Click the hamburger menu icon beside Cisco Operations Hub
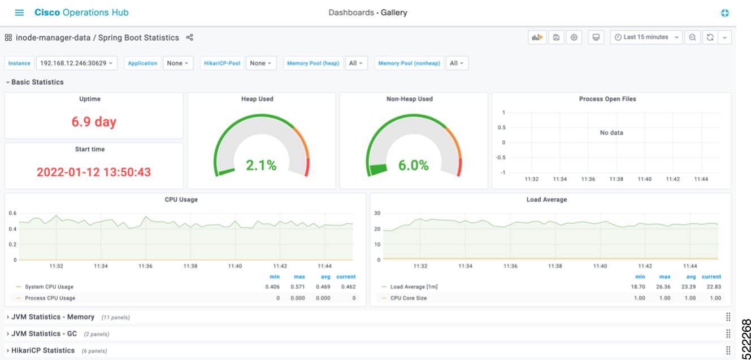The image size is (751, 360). [x=19, y=12]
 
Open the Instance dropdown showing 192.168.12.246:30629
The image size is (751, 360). [x=76, y=63]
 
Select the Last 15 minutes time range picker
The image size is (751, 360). [x=646, y=37]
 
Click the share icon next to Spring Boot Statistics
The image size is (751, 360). [x=190, y=38]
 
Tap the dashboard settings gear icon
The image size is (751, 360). [x=574, y=37]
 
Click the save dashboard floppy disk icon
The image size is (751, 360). [x=556, y=37]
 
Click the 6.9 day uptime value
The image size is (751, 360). [x=94, y=122]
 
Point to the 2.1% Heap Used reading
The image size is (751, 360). [x=261, y=165]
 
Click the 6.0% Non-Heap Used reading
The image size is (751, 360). [x=413, y=165]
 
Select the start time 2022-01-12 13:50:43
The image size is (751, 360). [x=94, y=172]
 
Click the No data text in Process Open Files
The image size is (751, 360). [x=611, y=133]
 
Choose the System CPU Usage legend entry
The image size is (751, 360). [x=49, y=287]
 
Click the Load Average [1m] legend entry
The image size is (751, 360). [x=414, y=287]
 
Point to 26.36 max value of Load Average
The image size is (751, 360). [x=664, y=287]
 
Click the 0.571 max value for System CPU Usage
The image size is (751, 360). [x=298, y=287]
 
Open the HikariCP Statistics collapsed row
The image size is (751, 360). [x=43, y=350]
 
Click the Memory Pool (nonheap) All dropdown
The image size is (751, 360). [x=457, y=63]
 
